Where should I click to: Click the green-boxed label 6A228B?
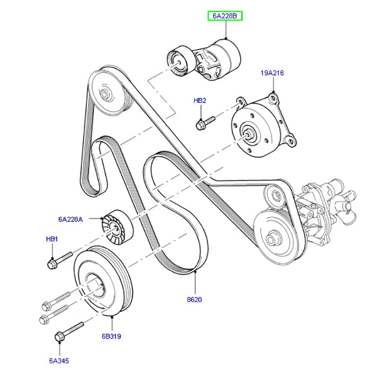pos(225,16)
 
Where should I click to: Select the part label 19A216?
pos(272,73)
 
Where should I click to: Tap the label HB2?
pos(200,100)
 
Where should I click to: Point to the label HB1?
pos(52,239)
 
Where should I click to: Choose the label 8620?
pos(195,299)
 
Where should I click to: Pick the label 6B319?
pos(112,337)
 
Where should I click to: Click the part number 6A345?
pos(59,361)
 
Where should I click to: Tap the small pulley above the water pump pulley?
pos(275,194)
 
